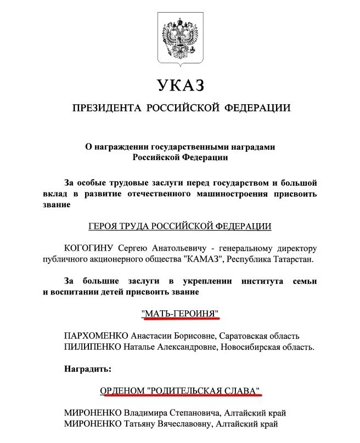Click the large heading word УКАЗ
(180, 86)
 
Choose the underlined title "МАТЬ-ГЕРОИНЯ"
(180, 313)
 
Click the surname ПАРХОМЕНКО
(96, 336)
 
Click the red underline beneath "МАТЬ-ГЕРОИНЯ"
(180, 319)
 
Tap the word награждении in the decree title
(122, 147)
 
